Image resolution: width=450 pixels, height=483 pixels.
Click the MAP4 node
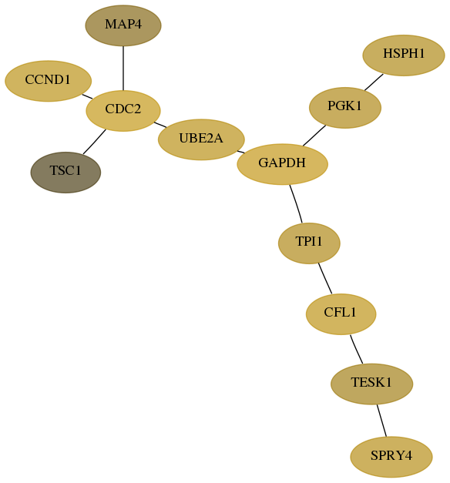point(123,25)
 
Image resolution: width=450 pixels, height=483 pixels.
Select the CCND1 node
point(48,81)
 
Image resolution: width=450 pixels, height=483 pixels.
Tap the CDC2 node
point(123,111)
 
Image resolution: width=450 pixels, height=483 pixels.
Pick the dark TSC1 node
point(65,173)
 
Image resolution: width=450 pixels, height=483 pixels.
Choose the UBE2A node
point(201,139)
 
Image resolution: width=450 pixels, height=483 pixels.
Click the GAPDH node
point(282,164)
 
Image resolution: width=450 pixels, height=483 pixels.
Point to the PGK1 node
point(345,108)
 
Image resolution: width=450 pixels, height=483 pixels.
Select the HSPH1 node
point(404,55)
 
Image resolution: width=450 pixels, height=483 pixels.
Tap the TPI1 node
point(309,243)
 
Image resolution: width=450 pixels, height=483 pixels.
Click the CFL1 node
point(341,314)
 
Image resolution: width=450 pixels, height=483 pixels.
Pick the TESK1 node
point(371,384)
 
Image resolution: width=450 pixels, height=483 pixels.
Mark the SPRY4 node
point(391,457)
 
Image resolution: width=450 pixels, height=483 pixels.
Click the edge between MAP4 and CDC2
point(123,69)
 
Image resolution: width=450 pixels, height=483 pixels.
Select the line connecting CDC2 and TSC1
point(94,142)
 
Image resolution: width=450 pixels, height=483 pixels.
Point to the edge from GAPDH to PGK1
point(314,136)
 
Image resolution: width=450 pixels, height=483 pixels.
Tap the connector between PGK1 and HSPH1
point(374,82)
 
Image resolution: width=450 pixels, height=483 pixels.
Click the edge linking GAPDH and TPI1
point(296,203)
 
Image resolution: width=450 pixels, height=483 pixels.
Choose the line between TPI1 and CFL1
point(325,278)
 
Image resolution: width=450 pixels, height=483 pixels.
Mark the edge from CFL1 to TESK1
point(356,349)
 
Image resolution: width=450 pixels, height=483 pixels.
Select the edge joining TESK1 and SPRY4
point(381,421)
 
